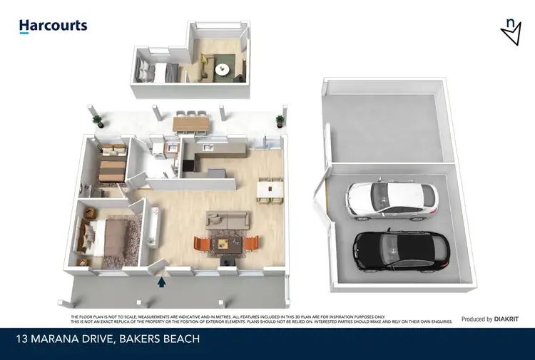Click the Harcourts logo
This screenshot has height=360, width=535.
[x=53, y=26]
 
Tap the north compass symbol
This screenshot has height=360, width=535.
[x=511, y=31]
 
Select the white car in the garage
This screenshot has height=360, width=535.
[x=391, y=200]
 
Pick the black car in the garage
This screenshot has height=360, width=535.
[x=402, y=250]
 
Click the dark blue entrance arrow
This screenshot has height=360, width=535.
[x=162, y=282]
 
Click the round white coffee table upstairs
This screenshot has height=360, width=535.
[x=223, y=69]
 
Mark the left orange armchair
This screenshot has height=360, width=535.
[x=203, y=245]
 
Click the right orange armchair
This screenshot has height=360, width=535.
[x=250, y=245]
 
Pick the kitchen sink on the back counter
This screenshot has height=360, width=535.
[x=208, y=148]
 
